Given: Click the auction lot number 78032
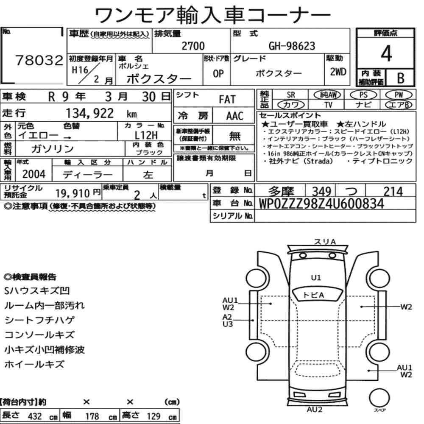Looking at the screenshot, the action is pyautogui.click(x=39, y=60).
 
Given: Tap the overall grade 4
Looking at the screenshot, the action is pyautogui.click(x=386, y=53).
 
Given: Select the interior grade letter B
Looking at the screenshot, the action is pyautogui.click(x=401, y=78).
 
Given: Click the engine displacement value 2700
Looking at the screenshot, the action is pyautogui.click(x=193, y=46).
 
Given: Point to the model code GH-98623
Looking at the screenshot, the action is pyautogui.click(x=292, y=46).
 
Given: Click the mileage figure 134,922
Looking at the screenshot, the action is pyautogui.click(x=90, y=113).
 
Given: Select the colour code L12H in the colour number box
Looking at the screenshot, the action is pyautogui.click(x=146, y=135).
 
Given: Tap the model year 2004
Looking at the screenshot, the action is pyautogui.click(x=34, y=174).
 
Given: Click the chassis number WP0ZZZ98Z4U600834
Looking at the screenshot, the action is pyautogui.click(x=321, y=204).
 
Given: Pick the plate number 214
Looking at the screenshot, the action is pyautogui.click(x=393, y=192).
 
